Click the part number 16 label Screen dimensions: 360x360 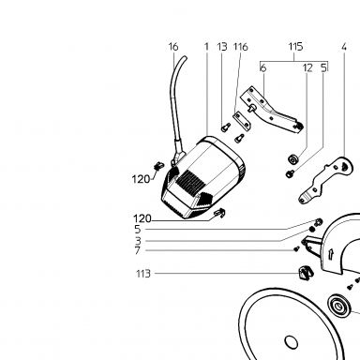(173, 47)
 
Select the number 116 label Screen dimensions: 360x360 (241, 47)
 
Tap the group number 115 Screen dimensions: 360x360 (295, 47)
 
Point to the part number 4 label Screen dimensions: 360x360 (344, 47)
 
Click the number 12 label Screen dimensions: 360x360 (307, 67)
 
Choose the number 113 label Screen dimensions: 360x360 (143, 274)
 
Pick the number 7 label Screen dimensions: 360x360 (138, 250)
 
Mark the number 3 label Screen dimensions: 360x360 (138, 241)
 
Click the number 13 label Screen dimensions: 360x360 (222, 47)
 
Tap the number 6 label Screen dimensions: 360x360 (263, 67)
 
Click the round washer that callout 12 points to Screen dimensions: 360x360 (292, 159)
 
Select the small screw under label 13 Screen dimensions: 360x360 (225, 127)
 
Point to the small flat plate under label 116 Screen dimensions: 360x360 (242, 120)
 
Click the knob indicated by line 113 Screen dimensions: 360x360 (304, 273)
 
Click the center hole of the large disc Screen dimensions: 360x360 (291, 341)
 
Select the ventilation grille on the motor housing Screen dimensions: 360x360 (190, 182)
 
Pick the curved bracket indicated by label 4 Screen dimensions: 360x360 (325, 180)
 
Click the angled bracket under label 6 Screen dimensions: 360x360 (271, 111)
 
